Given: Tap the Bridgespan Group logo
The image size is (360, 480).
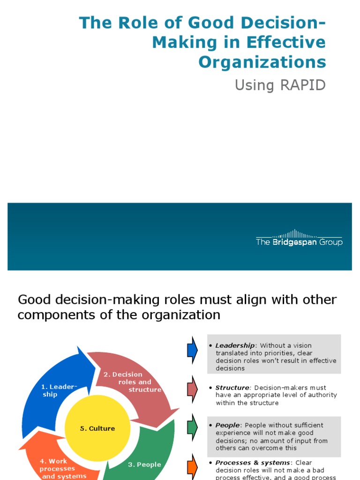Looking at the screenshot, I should (x=299, y=239).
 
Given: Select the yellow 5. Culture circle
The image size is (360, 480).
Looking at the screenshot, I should (x=97, y=428).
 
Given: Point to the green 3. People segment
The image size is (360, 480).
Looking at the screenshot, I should (x=145, y=457).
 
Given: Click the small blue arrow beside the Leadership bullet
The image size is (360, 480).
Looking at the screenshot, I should (x=192, y=350).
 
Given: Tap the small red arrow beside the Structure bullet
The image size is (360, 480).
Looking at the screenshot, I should (x=192, y=389).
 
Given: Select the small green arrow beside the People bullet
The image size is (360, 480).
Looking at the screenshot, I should (x=192, y=426).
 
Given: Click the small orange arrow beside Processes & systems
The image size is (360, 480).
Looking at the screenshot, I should (x=192, y=466).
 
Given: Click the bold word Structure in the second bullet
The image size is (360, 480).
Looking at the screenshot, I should (x=232, y=388).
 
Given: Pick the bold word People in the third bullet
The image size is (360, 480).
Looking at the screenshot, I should (x=227, y=425).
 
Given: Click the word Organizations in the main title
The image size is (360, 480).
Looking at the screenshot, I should (x=262, y=62).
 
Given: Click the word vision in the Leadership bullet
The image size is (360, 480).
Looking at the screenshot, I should (x=301, y=346).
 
